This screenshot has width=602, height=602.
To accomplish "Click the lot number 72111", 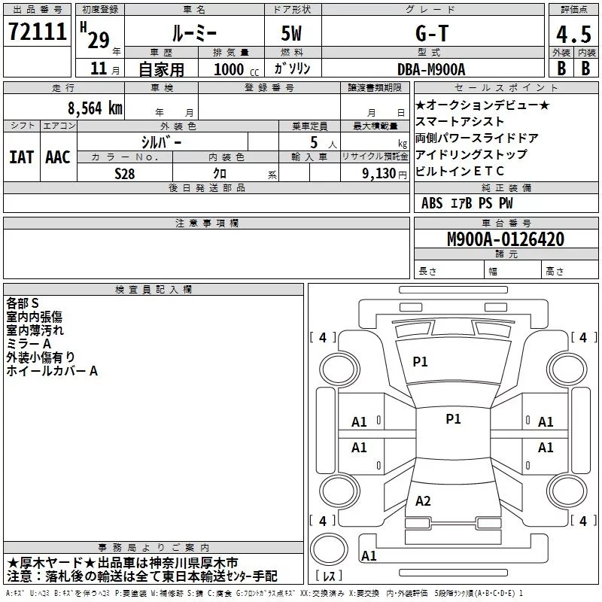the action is tap(37, 32).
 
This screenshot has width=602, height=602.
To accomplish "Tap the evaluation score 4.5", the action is tap(573, 34).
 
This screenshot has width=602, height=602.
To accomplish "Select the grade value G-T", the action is tap(432, 33).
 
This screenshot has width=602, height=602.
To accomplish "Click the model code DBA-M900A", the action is tap(431, 69).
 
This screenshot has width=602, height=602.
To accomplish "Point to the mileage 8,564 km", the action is tap(96, 108).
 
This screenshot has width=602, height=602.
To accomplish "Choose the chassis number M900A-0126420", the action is tap(506, 239).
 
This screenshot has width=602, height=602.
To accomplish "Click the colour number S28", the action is tap(125, 174).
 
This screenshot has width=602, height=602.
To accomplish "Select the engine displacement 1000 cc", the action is tap(236, 69).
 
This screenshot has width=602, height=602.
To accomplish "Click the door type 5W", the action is tap(291, 33).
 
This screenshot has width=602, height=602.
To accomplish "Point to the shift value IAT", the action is tap(21, 157).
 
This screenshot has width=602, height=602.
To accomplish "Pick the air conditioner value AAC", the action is tap(58, 157).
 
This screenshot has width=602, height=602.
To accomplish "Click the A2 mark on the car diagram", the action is tap(423, 500).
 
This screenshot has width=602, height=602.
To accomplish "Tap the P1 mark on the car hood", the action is tap(420, 361).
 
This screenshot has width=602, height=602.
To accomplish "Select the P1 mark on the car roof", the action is tap(453, 419).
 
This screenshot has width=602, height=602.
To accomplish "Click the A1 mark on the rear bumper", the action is tap(369, 556).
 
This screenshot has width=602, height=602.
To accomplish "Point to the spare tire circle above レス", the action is tap(329, 549).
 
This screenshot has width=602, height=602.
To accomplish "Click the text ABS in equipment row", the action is tap(432, 203).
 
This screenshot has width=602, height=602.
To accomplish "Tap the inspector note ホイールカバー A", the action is tap(52, 371).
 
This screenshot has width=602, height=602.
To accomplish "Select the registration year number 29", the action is tap(99, 41).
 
